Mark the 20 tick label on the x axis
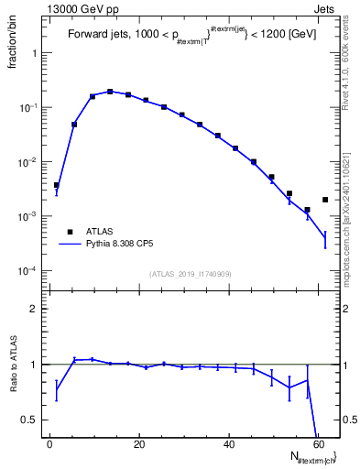(138, 445)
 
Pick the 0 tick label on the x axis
(50, 445)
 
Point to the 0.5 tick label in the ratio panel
(33, 420)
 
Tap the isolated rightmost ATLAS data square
(325, 200)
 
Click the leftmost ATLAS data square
(56, 185)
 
